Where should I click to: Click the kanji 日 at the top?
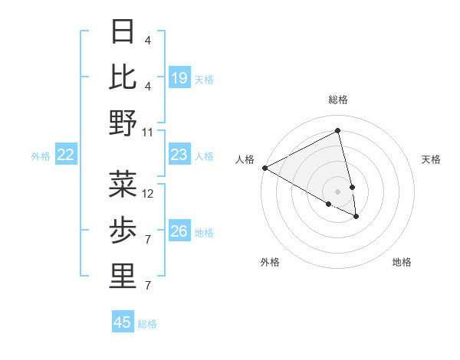(x=123, y=31)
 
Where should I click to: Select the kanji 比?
(x=123, y=77)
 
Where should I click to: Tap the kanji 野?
(x=123, y=123)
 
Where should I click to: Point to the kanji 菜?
(x=123, y=184)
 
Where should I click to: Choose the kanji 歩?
(x=123, y=230)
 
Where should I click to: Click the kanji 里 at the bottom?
(x=123, y=277)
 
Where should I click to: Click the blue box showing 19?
(x=179, y=77)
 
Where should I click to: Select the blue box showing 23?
(x=179, y=155)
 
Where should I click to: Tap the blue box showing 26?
(x=179, y=231)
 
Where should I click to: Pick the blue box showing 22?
(x=66, y=155)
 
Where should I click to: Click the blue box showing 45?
(x=123, y=322)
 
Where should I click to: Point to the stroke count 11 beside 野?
(x=148, y=133)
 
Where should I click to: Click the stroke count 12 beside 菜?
(x=149, y=194)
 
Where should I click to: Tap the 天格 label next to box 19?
(x=204, y=79)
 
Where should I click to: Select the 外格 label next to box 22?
(x=41, y=156)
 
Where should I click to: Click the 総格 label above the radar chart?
(x=338, y=100)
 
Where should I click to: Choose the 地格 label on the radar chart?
(x=402, y=262)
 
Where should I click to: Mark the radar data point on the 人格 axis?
(x=264, y=168)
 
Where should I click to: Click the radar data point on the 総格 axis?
(x=338, y=131)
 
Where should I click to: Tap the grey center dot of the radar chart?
(x=338, y=191)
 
